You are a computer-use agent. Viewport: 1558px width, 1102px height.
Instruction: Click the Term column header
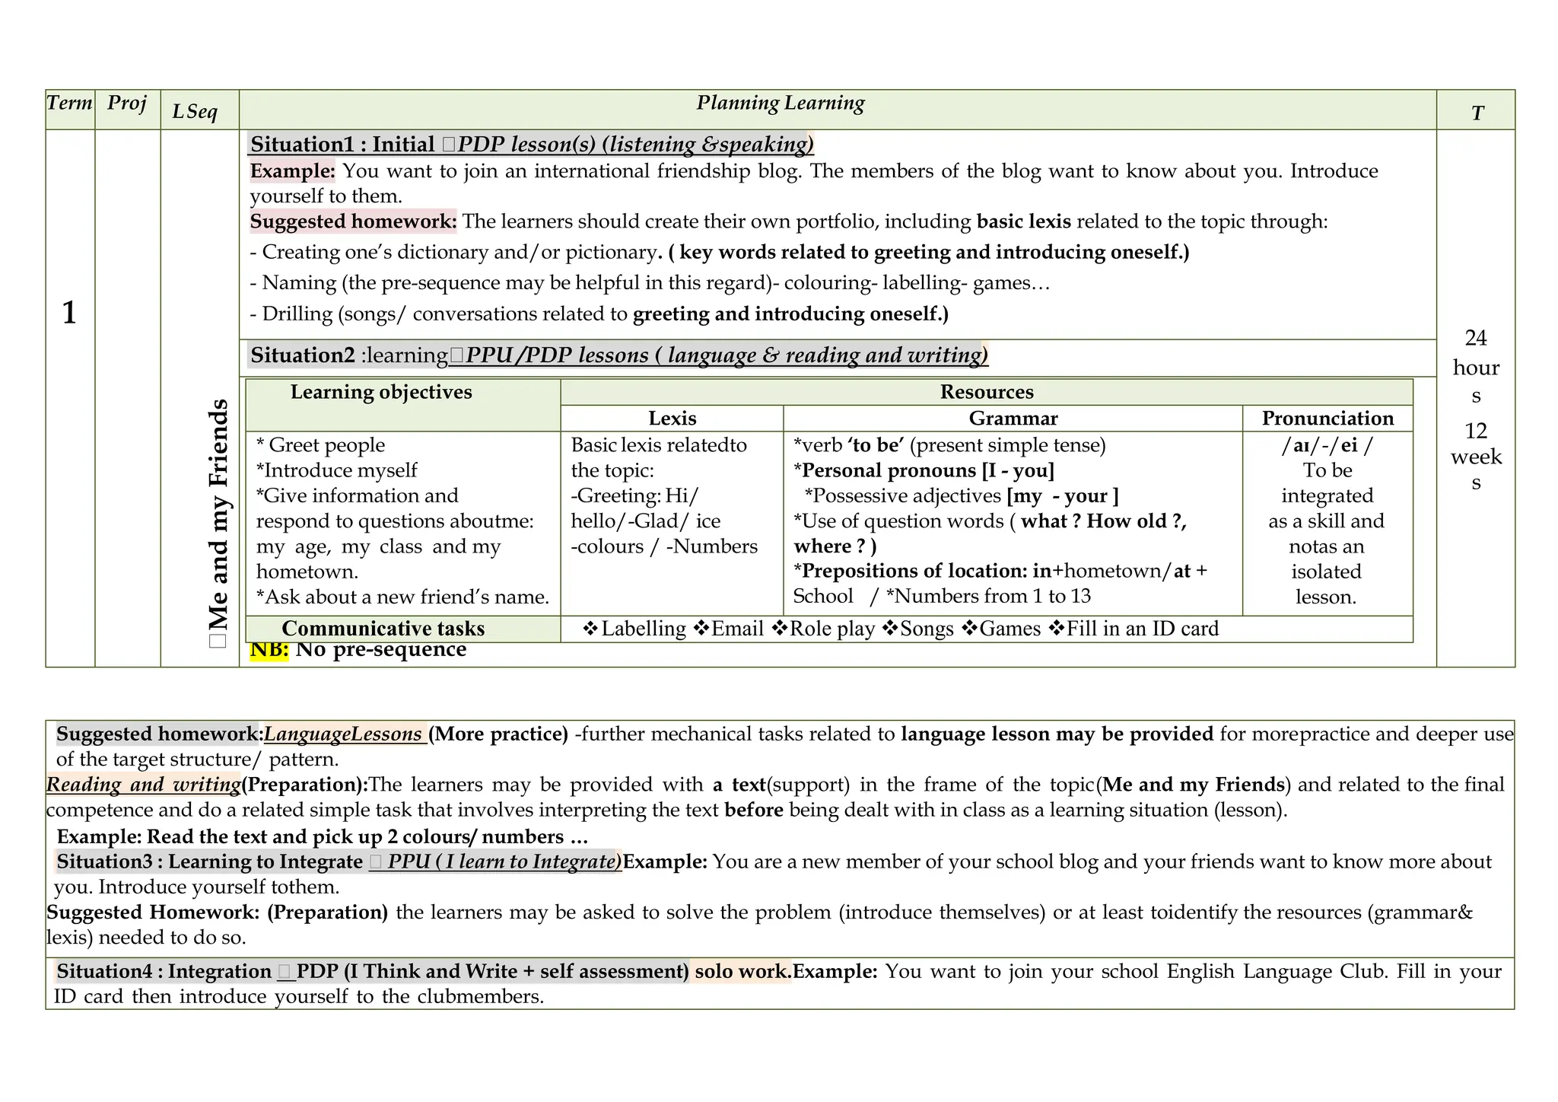(x=69, y=103)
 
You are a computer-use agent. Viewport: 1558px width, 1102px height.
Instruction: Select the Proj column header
(x=126, y=103)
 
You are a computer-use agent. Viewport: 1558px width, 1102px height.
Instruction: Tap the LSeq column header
(x=196, y=112)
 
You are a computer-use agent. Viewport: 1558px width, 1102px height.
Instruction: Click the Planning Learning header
(x=780, y=104)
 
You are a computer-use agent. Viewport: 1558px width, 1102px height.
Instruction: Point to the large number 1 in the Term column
(x=69, y=313)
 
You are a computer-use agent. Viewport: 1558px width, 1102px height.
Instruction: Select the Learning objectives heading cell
(x=381, y=392)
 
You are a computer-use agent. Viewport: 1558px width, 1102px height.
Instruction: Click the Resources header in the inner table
(x=986, y=392)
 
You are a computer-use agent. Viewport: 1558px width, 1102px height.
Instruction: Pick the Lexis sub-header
(x=672, y=418)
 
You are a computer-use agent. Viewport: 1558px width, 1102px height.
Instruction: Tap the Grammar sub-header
(x=1013, y=418)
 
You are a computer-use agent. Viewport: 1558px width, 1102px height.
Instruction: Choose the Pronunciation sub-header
(x=1327, y=418)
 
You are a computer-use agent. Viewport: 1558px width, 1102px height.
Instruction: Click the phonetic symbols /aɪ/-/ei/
(x=1327, y=445)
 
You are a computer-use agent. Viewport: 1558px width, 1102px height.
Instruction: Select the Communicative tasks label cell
(x=383, y=629)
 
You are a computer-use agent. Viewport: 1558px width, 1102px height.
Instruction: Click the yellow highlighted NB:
(x=269, y=651)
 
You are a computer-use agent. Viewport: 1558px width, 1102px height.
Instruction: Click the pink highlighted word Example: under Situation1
(x=292, y=171)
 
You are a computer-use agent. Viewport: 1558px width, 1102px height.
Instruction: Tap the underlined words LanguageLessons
(x=343, y=734)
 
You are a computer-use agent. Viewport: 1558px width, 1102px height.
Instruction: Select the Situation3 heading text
(x=209, y=862)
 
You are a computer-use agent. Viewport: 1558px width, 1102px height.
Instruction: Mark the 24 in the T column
(x=1475, y=338)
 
